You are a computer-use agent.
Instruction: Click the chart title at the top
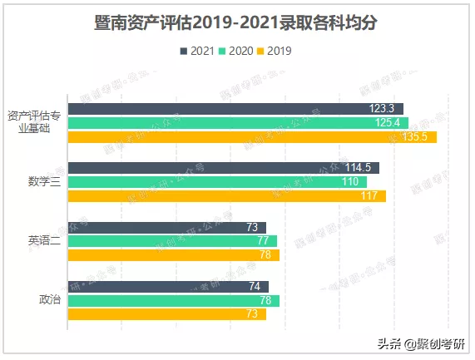point(237,22)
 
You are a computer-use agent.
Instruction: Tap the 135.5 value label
point(413,137)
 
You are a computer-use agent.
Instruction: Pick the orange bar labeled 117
point(226,196)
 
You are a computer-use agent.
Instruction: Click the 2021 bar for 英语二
point(166,227)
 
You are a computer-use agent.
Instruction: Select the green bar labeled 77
point(171,241)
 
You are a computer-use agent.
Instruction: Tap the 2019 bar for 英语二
point(173,255)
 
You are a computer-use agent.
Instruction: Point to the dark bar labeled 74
point(168,286)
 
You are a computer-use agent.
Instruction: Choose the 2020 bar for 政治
point(173,300)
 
